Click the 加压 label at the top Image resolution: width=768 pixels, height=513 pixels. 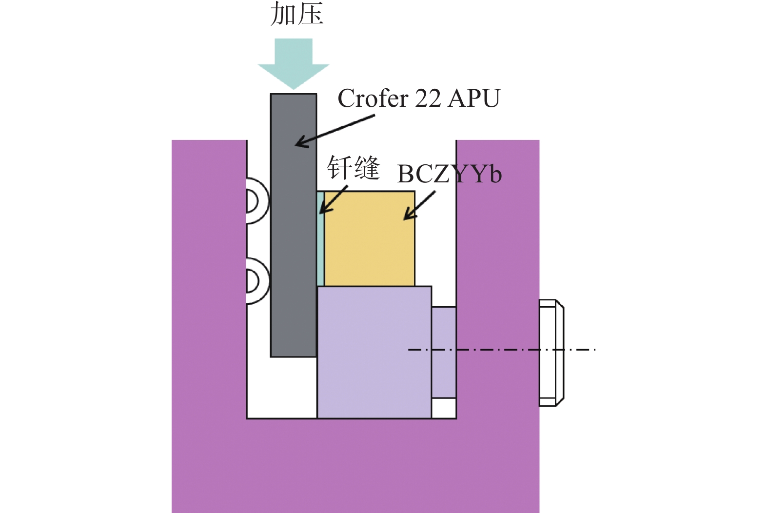pos(296,14)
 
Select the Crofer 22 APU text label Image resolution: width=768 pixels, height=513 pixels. pos(418,99)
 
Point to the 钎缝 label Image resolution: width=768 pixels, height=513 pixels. pos(353,168)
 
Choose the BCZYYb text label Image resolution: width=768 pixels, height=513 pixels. pos(449,174)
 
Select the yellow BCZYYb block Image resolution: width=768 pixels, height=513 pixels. pos(370,244)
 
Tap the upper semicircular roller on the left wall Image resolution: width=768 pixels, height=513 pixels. pos(256,201)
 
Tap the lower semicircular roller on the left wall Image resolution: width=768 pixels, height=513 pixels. pos(256,281)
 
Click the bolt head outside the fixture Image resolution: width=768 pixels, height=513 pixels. pos(551,353)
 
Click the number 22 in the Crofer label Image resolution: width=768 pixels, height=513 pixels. pos(428,99)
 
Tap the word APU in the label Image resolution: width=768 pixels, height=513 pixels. pos(474,99)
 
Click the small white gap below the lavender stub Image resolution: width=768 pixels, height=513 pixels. pos(444,408)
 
